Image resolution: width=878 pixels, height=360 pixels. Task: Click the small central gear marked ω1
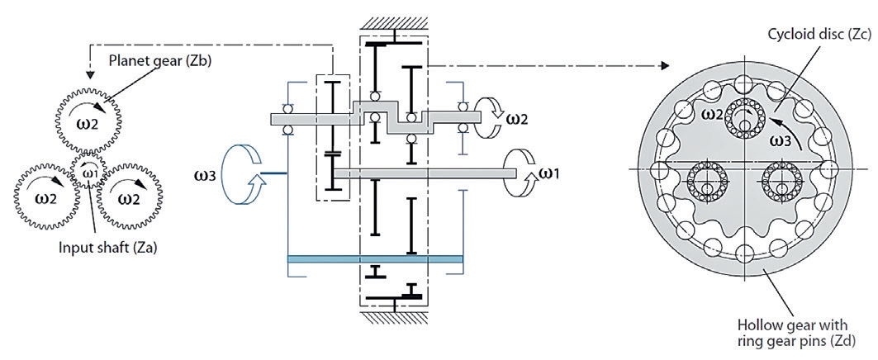[x=89, y=173]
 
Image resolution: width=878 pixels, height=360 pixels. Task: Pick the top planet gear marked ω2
[x=89, y=123]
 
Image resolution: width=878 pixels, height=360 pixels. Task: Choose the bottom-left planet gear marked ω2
[x=47, y=197]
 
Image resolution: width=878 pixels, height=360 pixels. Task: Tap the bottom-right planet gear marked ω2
[x=130, y=197]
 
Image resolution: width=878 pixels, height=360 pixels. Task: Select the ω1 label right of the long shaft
[x=548, y=173]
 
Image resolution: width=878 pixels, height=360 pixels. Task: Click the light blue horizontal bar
[x=375, y=258]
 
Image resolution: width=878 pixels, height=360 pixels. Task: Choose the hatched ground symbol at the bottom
[x=394, y=319]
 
